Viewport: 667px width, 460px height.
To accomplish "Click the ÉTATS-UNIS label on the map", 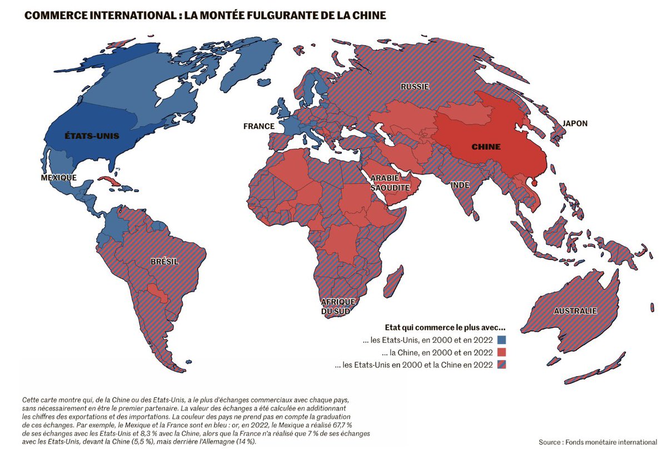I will pyautogui.click(x=92, y=136).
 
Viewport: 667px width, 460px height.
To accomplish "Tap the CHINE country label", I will pyautogui.click(x=486, y=147).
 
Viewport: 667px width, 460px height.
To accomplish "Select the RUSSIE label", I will pyautogui.click(x=415, y=87).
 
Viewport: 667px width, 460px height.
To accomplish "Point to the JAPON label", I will pyautogui.click(x=575, y=123).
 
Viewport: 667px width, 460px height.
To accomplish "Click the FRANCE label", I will pyautogui.click(x=258, y=126).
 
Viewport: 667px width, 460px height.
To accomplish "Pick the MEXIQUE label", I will pyautogui.click(x=58, y=177).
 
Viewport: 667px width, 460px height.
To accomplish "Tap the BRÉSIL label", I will pyautogui.click(x=164, y=261).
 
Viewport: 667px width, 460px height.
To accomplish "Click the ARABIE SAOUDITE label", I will pyautogui.click(x=394, y=183).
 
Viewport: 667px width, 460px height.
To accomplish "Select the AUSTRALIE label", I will pyautogui.click(x=575, y=311).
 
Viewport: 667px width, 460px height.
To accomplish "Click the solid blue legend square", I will pyautogui.click(x=502, y=339).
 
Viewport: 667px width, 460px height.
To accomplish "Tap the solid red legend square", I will pyautogui.click(x=502, y=352).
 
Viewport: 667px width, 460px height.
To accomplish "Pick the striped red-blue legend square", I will pyautogui.click(x=502, y=365).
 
